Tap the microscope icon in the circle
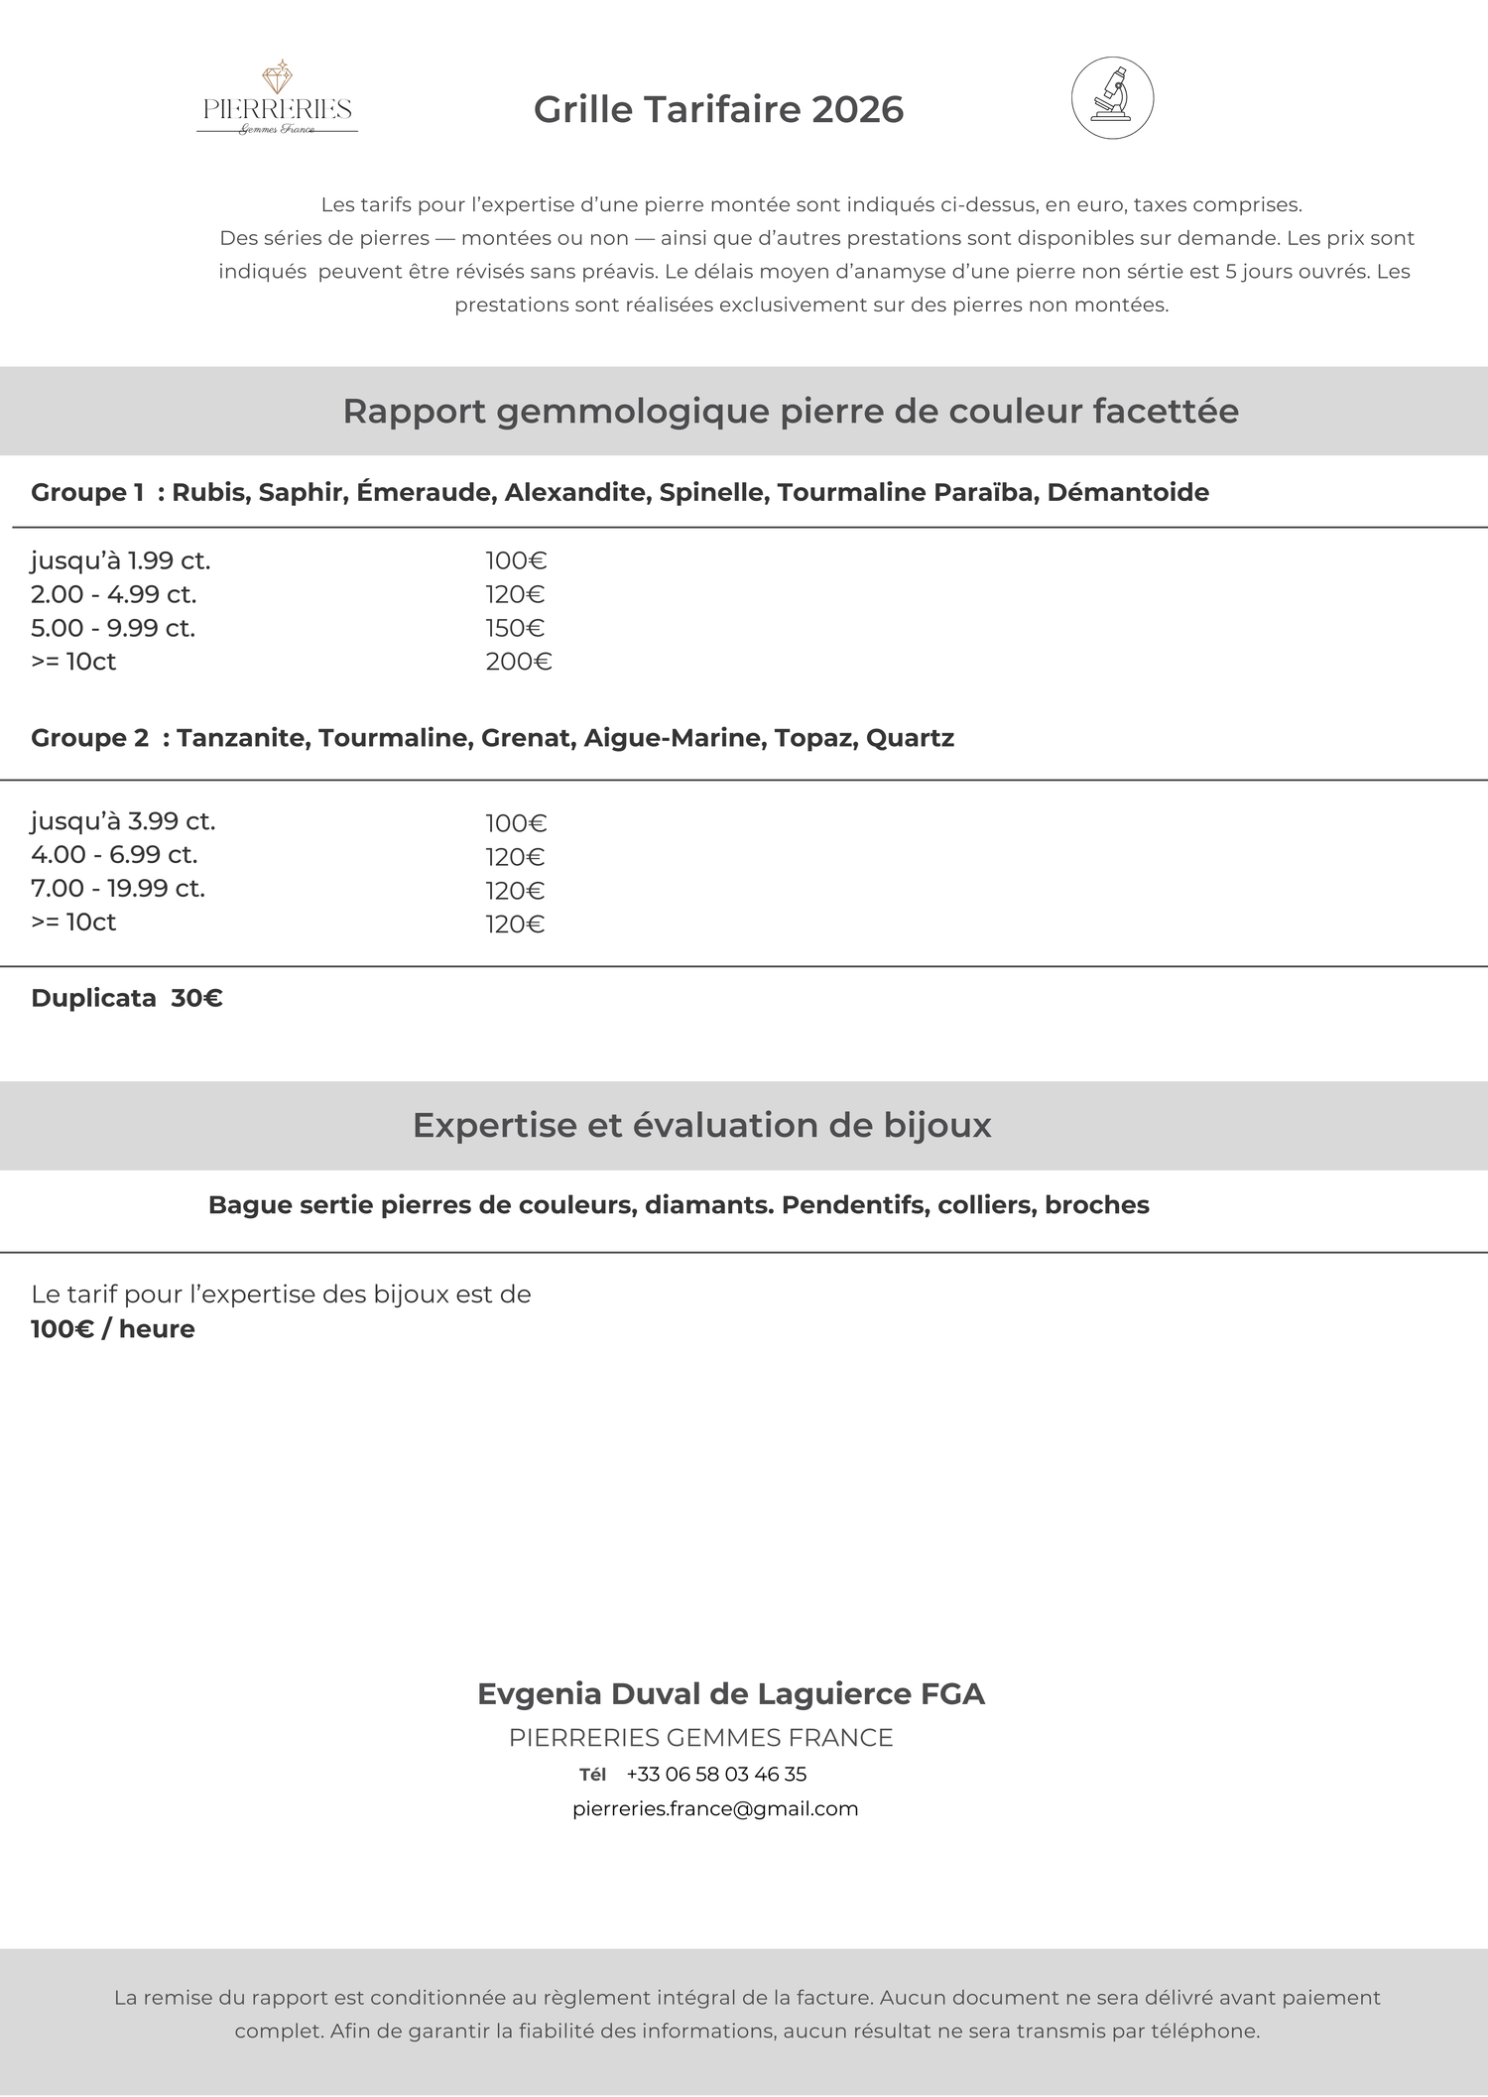coord(1112,97)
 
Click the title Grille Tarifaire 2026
coord(718,109)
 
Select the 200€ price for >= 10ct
coord(518,662)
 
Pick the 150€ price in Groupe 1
coord(515,628)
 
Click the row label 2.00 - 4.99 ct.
coord(114,594)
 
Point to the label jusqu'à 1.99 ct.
coord(120,560)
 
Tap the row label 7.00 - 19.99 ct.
coord(118,888)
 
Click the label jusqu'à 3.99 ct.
coord(123,821)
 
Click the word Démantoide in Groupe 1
coord(1128,492)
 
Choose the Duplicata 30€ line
coord(127,998)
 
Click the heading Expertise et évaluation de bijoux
coord(701,1125)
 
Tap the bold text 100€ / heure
coord(113,1329)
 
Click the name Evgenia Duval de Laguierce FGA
coord(731,1693)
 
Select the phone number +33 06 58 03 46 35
coord(716,1774)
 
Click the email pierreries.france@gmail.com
coord(715,1808)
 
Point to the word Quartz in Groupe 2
coord(910,738)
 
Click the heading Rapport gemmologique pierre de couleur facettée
coord(791,411)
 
